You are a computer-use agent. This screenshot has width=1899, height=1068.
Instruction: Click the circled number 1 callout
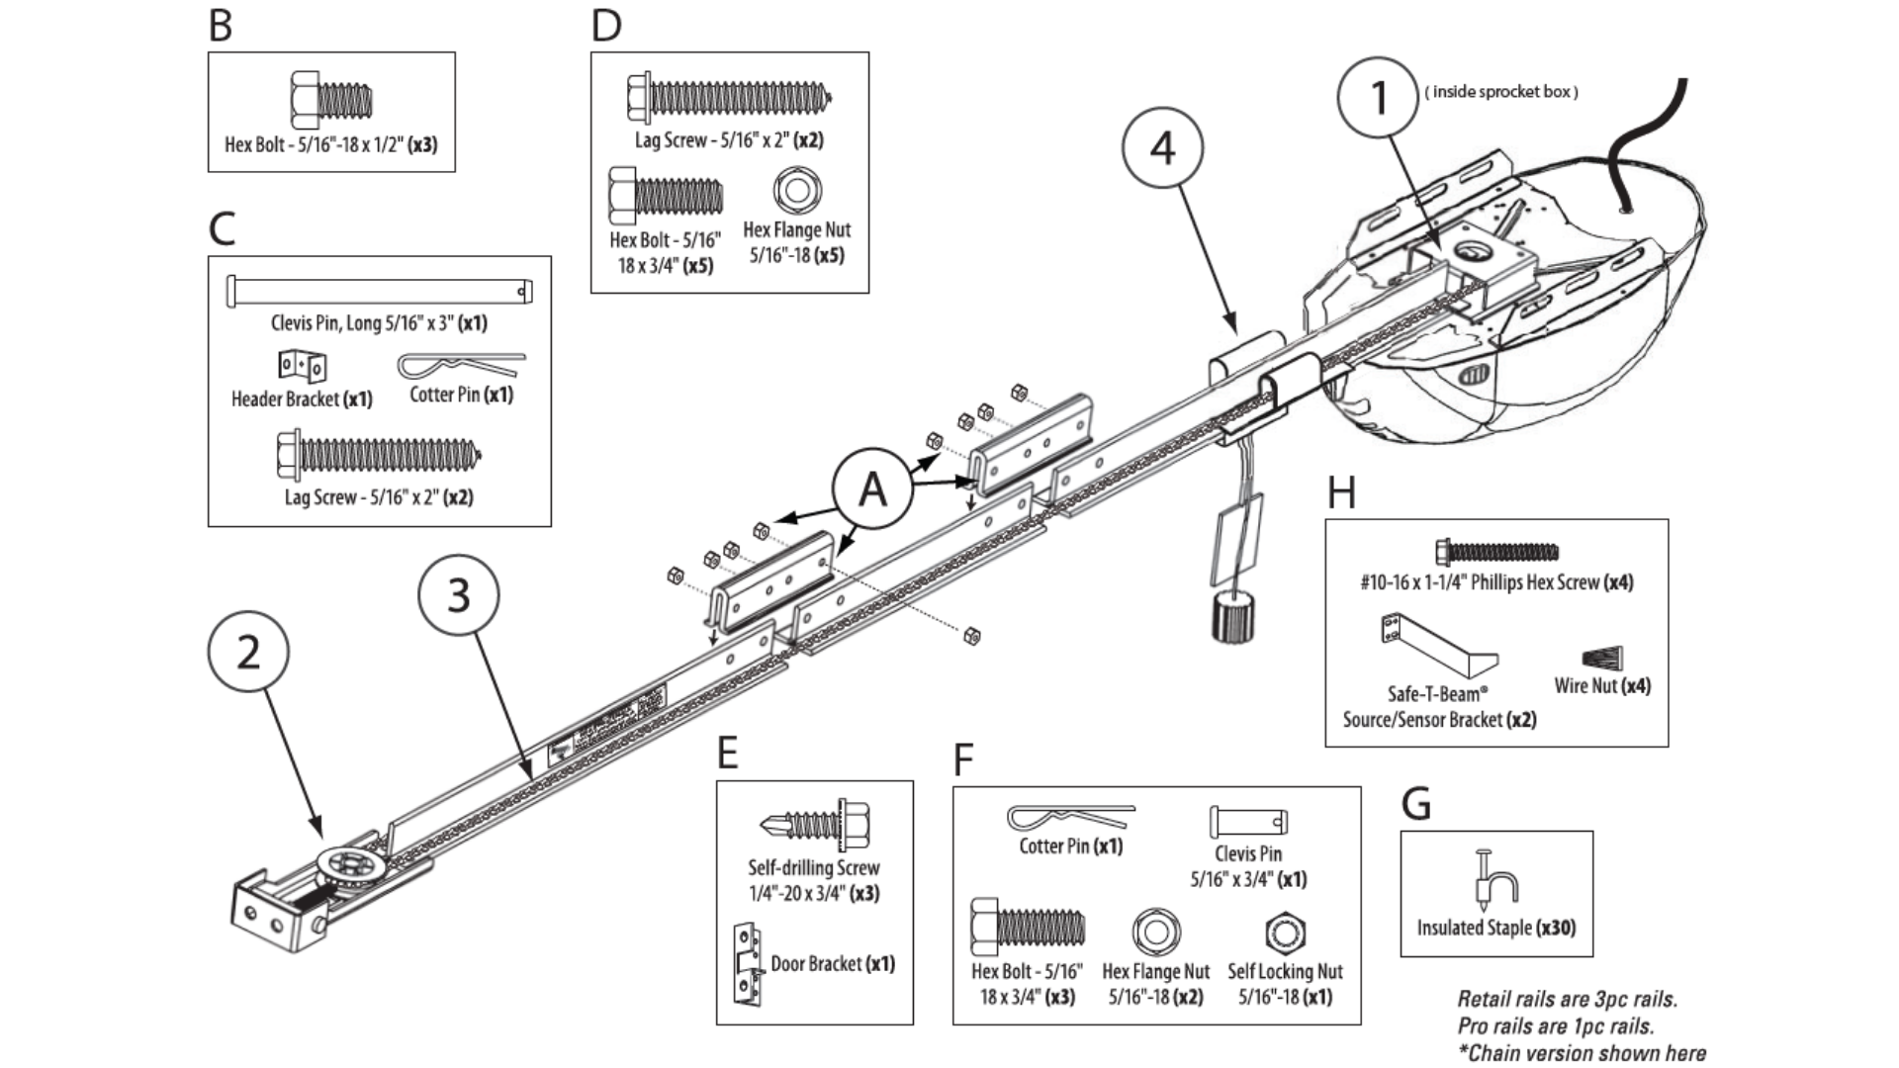pyautogui.click(x=1378, y=98)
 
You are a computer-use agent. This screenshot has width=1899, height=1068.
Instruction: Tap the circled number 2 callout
pyautogui.click(x=248, y=653)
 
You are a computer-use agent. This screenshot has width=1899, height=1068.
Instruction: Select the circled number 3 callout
pyautogui.click(x=458, y=595)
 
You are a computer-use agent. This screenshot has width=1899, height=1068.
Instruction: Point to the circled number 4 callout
pyautogui.click(x=1162, y=148)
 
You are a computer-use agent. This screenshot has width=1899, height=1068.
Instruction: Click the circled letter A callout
pyautogui.click(x=871, y=489)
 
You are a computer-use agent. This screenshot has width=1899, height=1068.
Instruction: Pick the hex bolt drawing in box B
pyautogui.click(x=331, y=100)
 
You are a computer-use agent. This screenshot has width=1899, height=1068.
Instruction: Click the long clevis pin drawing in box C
pyautogui.click(x=380, y=291)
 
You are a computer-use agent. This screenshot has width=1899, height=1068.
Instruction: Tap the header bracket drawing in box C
pyautogui.click(x=302, y=366)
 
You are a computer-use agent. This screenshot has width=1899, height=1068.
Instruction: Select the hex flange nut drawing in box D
pyautogui.click(x=797, y=191)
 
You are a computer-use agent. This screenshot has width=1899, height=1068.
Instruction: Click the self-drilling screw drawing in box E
pyautogui.click(x=815, y=824)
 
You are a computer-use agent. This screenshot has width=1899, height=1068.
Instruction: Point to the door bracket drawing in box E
pyautogui.click(x=748, y=963)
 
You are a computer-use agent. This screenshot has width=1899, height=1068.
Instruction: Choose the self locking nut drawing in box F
pyautogui.click(x=1285, y=933)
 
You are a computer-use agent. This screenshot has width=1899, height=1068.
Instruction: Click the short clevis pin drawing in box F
pyautogui.click(x=1248, y=822)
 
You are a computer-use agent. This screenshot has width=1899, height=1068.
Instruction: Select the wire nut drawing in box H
pyautogui.click(x=1602, y=658)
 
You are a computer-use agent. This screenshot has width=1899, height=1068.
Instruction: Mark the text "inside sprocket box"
pyautogui.click(x=1501, y=92)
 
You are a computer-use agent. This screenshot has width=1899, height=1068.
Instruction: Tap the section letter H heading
pyautogui.click(x=1340, y=492)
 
